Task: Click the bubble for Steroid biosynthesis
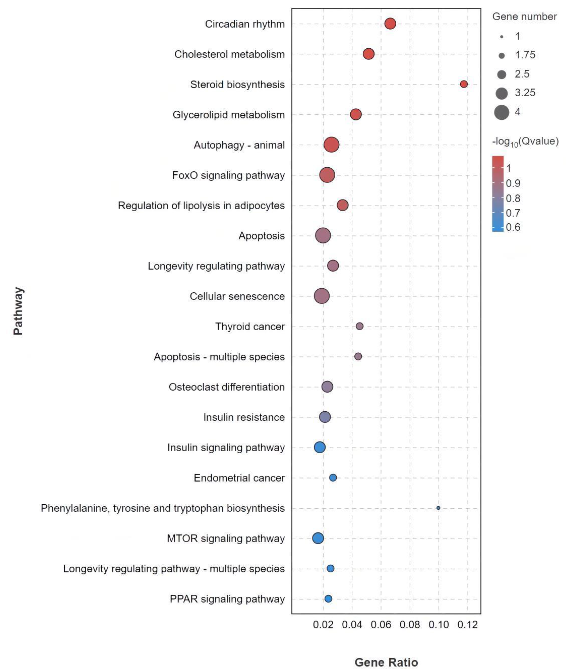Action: (x=464, y=84)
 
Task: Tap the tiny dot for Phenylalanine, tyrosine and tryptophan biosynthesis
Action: (x=438, y=508)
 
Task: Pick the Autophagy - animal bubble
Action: (x=331, y=145)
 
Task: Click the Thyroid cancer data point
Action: (x=360, y=326)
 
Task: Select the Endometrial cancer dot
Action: (x=333, y=478)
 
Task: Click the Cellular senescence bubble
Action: (x=322, y=296)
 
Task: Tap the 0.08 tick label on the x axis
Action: (x=410, y=625)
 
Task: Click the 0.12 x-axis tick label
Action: (x=467, y=625)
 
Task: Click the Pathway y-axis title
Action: (x=18, y=311)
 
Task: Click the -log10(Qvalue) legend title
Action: (x=525, y=141)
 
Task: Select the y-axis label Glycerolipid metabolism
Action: (x=229, y=115)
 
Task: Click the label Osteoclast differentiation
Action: (x=227, y=387)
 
